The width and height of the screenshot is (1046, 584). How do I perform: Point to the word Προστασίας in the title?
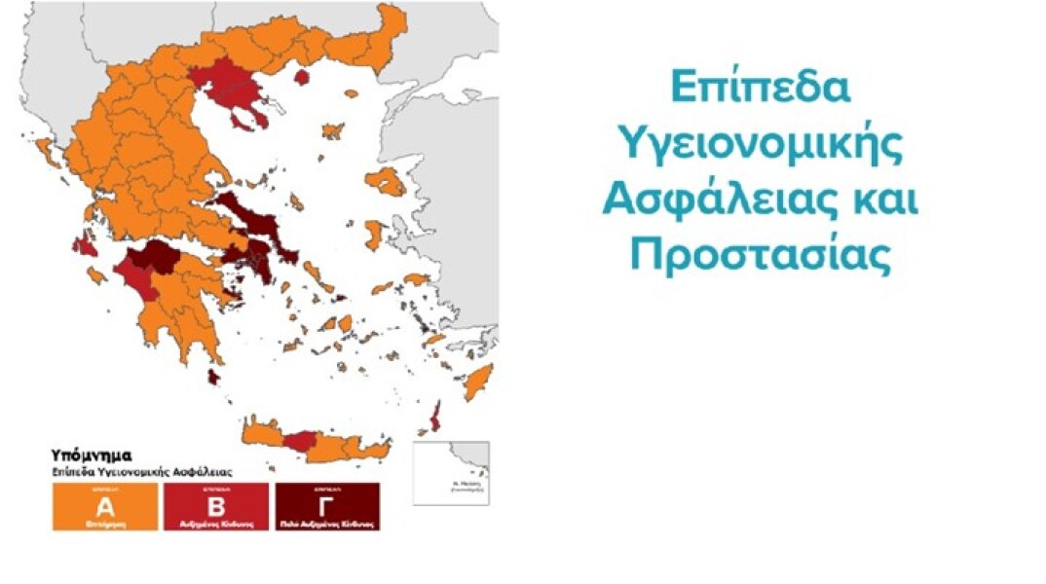[x=760, y=255]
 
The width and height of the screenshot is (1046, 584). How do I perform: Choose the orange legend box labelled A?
[x=105, y=507]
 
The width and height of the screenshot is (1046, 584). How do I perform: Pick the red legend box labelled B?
[x=215, y=507]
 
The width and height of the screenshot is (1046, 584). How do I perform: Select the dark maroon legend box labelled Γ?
[x=327, y=507]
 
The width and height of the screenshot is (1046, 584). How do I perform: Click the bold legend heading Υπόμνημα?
[x=91, y=455]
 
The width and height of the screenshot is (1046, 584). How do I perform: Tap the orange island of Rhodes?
[x=478, y=381]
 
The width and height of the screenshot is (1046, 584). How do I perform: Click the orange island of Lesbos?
[x=388, y=181]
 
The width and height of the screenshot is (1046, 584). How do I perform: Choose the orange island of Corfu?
[x=45, y=151]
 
